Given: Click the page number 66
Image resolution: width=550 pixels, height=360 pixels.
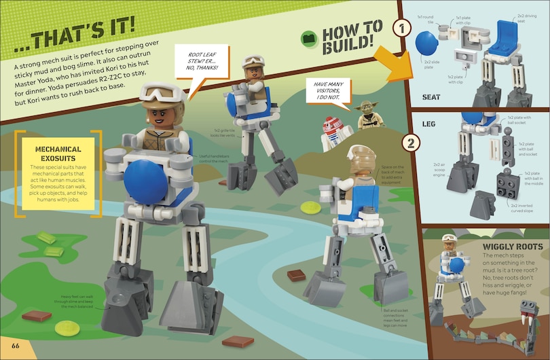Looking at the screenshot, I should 15,348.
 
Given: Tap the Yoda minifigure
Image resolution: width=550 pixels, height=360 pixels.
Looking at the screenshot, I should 368,115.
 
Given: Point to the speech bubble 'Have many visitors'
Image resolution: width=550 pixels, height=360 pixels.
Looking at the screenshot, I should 327,92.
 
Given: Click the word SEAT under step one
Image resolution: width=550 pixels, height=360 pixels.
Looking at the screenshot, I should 431,97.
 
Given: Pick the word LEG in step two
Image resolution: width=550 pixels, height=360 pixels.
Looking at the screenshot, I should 428,124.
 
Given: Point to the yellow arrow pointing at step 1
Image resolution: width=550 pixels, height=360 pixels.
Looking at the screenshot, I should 390,65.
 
